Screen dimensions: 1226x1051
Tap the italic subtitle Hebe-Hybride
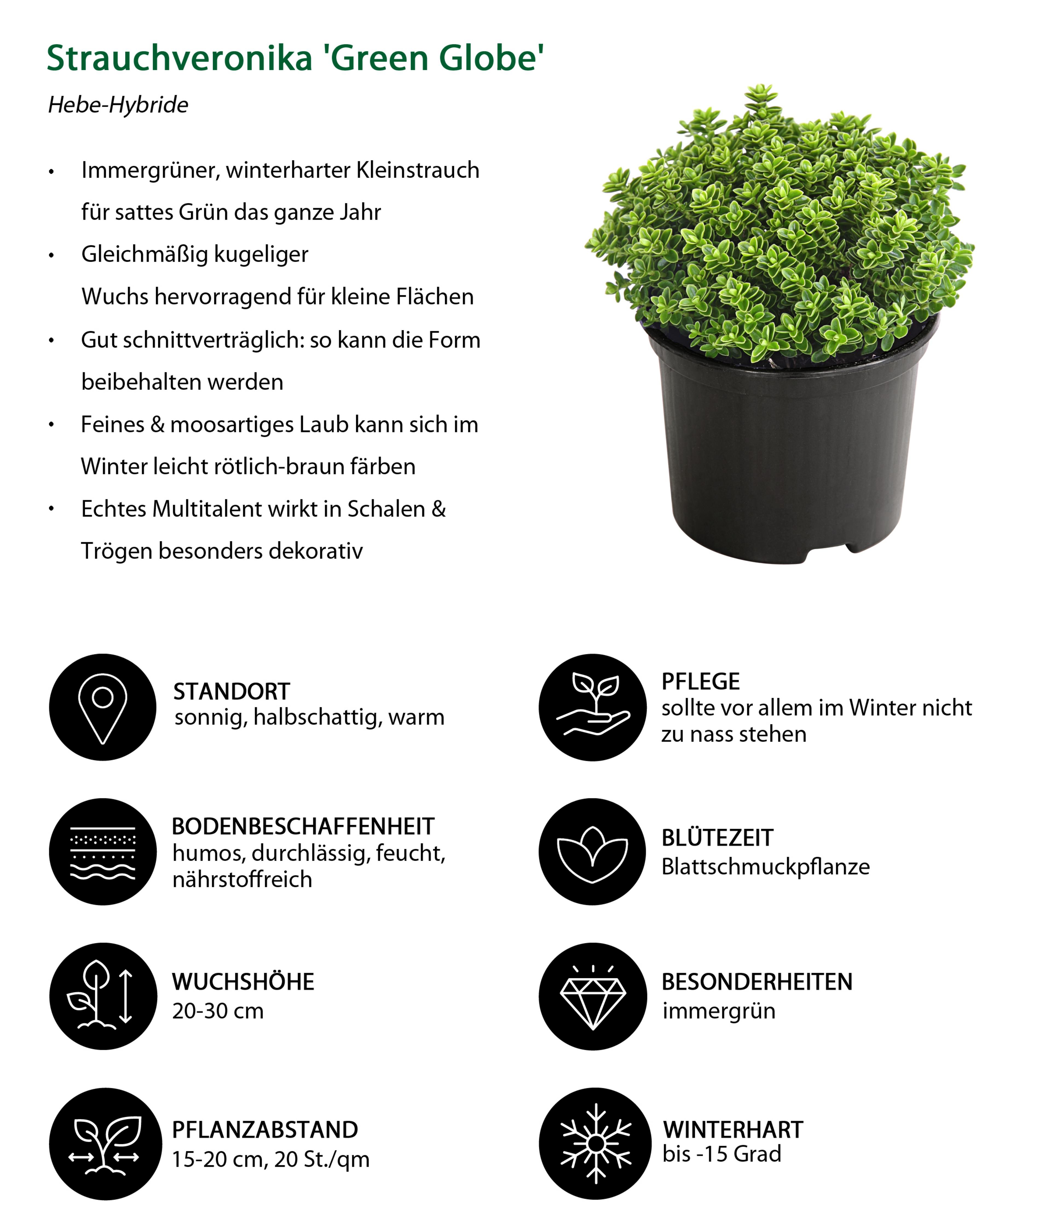118,105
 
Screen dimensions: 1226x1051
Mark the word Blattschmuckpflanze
765,867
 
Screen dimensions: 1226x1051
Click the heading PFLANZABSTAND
264,1130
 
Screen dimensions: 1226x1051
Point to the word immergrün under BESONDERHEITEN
718,1011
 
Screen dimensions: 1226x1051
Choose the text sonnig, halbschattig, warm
309,717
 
